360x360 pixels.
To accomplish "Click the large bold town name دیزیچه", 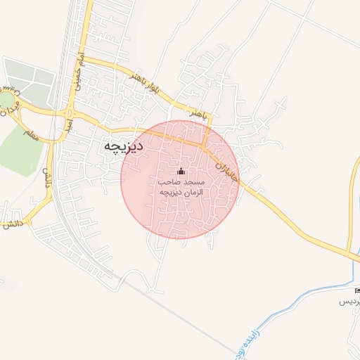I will point(124,146).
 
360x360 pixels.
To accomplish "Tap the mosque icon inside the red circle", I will point(181,172).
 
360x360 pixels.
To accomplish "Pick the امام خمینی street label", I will point(79,70).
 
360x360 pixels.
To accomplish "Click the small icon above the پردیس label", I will point(357,290).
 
